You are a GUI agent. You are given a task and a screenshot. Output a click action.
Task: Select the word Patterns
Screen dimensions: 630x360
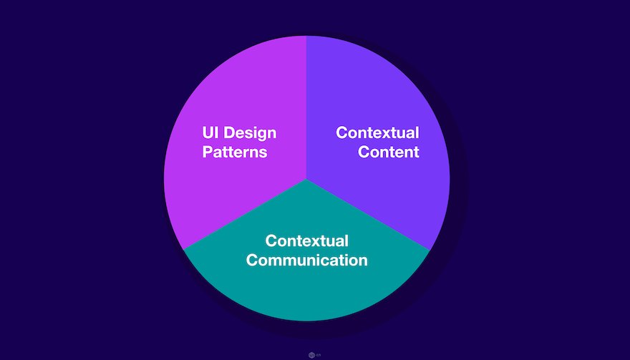(235, 152)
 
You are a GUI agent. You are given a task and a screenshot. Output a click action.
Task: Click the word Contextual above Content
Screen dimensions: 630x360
(378, 132)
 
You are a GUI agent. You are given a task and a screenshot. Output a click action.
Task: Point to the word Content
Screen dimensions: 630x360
(389, 152)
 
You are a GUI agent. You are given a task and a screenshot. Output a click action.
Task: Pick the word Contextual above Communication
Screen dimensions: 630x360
(306, 240)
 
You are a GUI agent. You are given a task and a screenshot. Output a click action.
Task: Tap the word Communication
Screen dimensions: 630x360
(306, 260)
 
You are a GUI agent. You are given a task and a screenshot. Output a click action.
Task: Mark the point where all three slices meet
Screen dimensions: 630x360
(306, 179)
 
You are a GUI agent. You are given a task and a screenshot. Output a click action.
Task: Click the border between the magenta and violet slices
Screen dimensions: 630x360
(306, 107)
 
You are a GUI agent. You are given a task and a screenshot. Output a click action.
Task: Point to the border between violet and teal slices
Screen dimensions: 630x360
(368, 214)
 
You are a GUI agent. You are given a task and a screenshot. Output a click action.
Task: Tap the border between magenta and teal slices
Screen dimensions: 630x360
(245, 214)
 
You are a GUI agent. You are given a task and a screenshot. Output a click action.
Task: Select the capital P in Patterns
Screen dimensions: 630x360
(208, 152)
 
